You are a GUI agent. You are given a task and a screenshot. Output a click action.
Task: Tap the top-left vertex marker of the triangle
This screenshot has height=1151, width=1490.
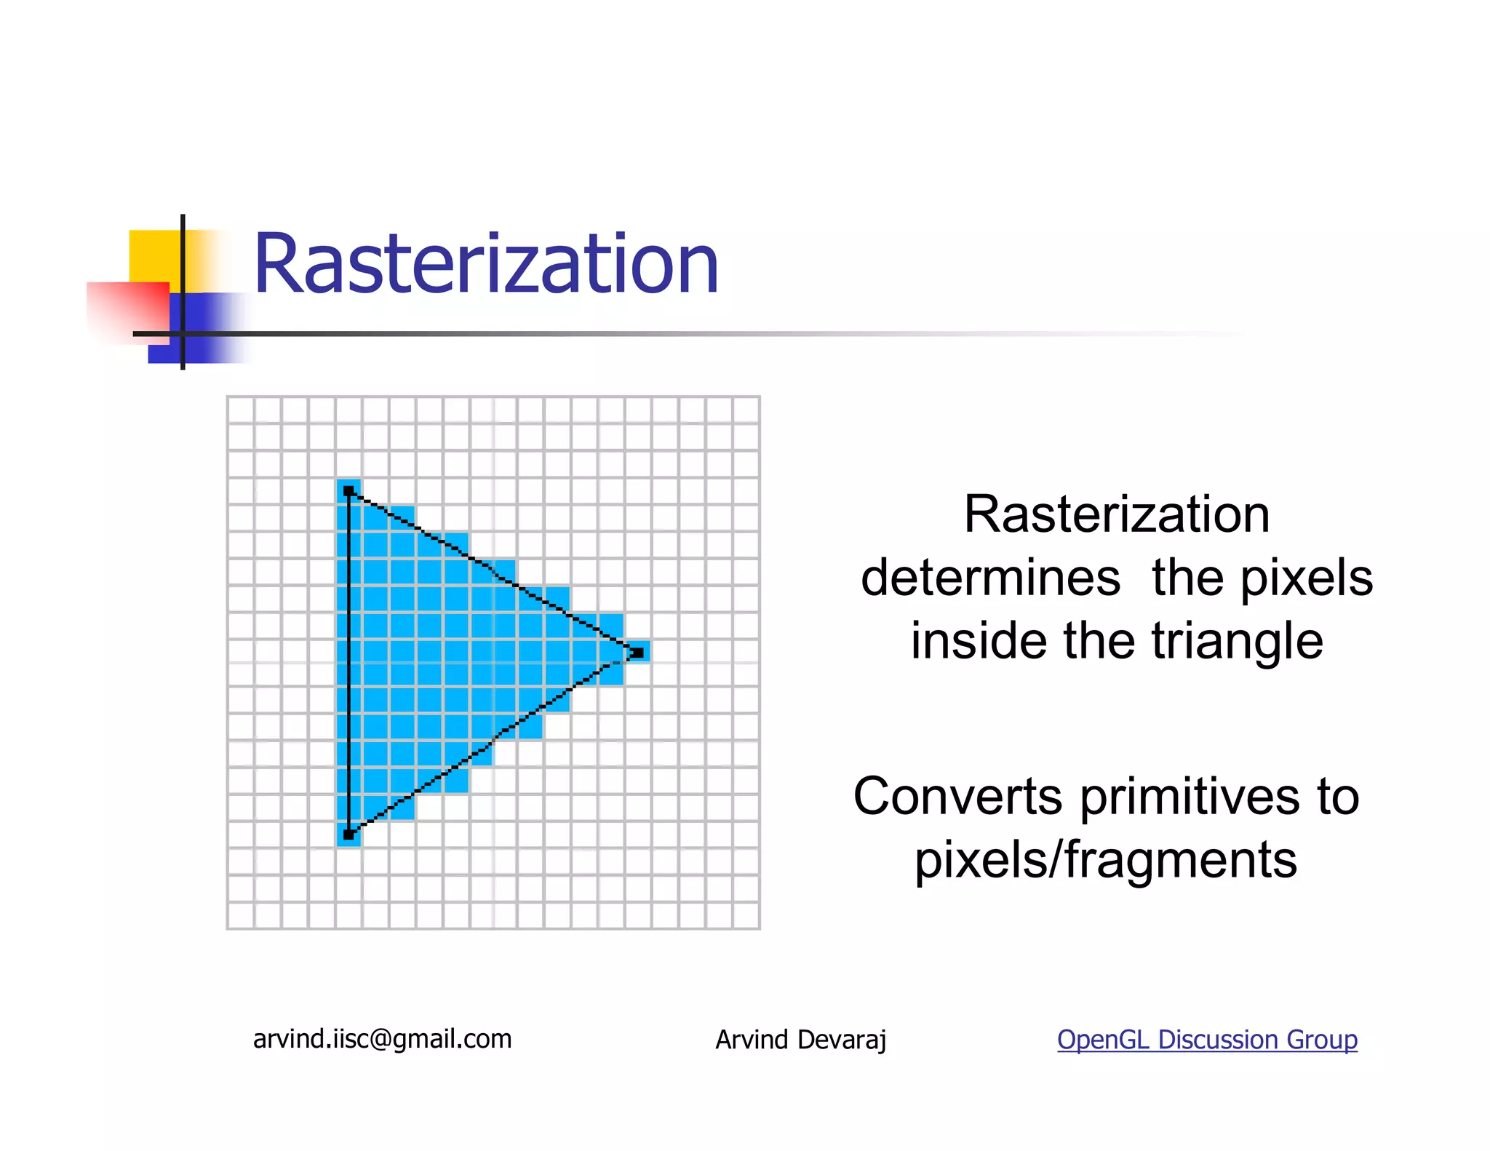pyautogui.click(x=349, y=492)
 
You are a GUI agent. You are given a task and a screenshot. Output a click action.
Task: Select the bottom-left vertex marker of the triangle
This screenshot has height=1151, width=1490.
pyautogui.click(x=349, y=835)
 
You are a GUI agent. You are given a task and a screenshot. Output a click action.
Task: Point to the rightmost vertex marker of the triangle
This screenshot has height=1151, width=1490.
pyautogui.click(x=637, y=652)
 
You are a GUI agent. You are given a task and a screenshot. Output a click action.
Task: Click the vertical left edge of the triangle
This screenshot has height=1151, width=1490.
pyautogui.click(x=349, y=662)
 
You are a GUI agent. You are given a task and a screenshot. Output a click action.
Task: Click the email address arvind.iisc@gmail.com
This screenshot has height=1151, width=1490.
pyautogui.click(x=382, y=1039)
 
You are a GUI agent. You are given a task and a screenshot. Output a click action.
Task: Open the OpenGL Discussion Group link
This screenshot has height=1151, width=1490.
pyautogui.click(x=1206, y=1040)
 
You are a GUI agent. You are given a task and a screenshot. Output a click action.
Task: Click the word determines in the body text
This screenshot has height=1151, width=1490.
pyautogui.click(x=990, y=578)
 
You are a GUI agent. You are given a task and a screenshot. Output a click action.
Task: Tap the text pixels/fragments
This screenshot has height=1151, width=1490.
pyautogui.click(x=1106, y=860)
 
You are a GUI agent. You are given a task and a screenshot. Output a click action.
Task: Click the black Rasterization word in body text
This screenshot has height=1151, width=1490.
pyautogui.click(x=1117, y=515)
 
